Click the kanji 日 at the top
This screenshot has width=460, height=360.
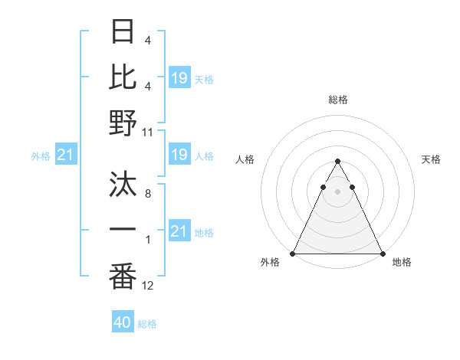(x=123, y=31)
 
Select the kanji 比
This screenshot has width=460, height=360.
(x=123, y=77)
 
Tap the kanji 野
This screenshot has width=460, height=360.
(x=123, y=123)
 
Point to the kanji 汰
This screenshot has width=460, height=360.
(x=123, y=185)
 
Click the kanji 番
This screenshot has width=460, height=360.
(x=123, y=276)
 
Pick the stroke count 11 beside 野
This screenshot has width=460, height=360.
(x=148, y=132)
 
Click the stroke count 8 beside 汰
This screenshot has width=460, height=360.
(x=148, y=195)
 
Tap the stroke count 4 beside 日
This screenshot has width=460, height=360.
(x=147, y=40)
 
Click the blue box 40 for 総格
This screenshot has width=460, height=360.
(x=123, y=322)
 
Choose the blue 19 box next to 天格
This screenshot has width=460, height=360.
(x=179, y=78)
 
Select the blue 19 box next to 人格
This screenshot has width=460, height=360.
(x=179, y=155)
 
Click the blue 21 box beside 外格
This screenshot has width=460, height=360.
(x=66, y=155)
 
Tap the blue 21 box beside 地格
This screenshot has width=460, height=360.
(x=179, y=231)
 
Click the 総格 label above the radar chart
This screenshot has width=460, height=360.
(x=338, y=100)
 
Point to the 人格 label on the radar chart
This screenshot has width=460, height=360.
(x=245, y=159)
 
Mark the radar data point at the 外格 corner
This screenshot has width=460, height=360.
(x=293, y=253)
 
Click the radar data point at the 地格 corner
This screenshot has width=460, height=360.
(x=383, y=253)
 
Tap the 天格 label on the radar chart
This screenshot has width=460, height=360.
(x=431, y=159)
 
